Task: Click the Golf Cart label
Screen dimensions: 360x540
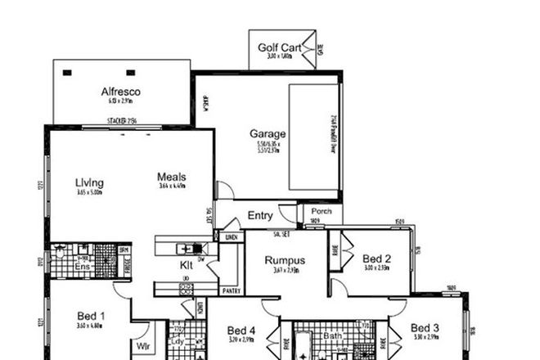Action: [279, 47]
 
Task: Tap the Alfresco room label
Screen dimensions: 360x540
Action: [121, 92]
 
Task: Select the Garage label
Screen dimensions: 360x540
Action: [268, 133]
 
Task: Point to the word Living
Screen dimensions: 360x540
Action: [89, 182]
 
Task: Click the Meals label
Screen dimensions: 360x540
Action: [172, 177]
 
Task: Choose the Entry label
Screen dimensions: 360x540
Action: [259, 216]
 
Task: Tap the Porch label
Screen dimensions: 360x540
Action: [322, 209]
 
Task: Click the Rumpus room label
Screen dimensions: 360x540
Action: [284, 261]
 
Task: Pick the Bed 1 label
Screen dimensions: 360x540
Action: [90, 316]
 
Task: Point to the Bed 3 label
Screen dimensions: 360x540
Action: [425, 327]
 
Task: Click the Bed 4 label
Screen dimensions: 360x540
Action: [241, 331]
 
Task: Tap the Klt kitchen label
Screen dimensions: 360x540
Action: [187, 266]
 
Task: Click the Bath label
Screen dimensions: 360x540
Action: [332, 335]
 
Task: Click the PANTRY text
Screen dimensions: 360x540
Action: [232, 290]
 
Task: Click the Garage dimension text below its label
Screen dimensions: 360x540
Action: [268, 147]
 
